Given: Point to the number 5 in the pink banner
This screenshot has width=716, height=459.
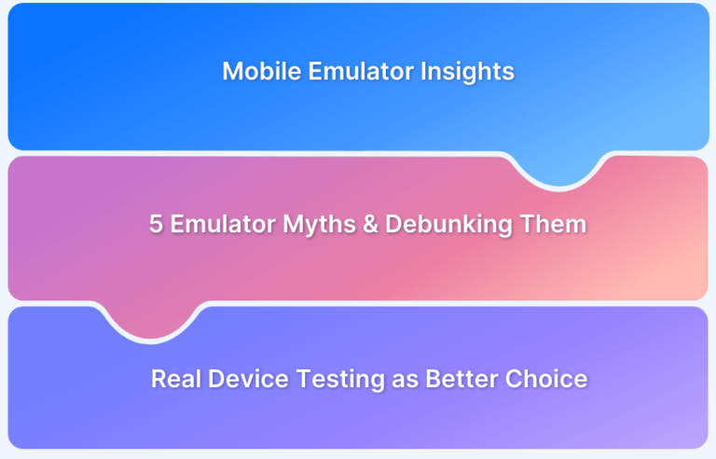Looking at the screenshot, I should [156, 225].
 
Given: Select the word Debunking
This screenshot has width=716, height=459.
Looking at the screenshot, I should [453, 225].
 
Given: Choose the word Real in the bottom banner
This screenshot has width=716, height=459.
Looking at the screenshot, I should [172, 379].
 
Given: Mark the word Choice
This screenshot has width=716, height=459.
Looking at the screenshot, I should [546, 379].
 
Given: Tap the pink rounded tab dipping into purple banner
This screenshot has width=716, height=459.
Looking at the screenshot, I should [148, 322].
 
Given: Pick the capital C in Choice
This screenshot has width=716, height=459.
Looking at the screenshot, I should [514, 379].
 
